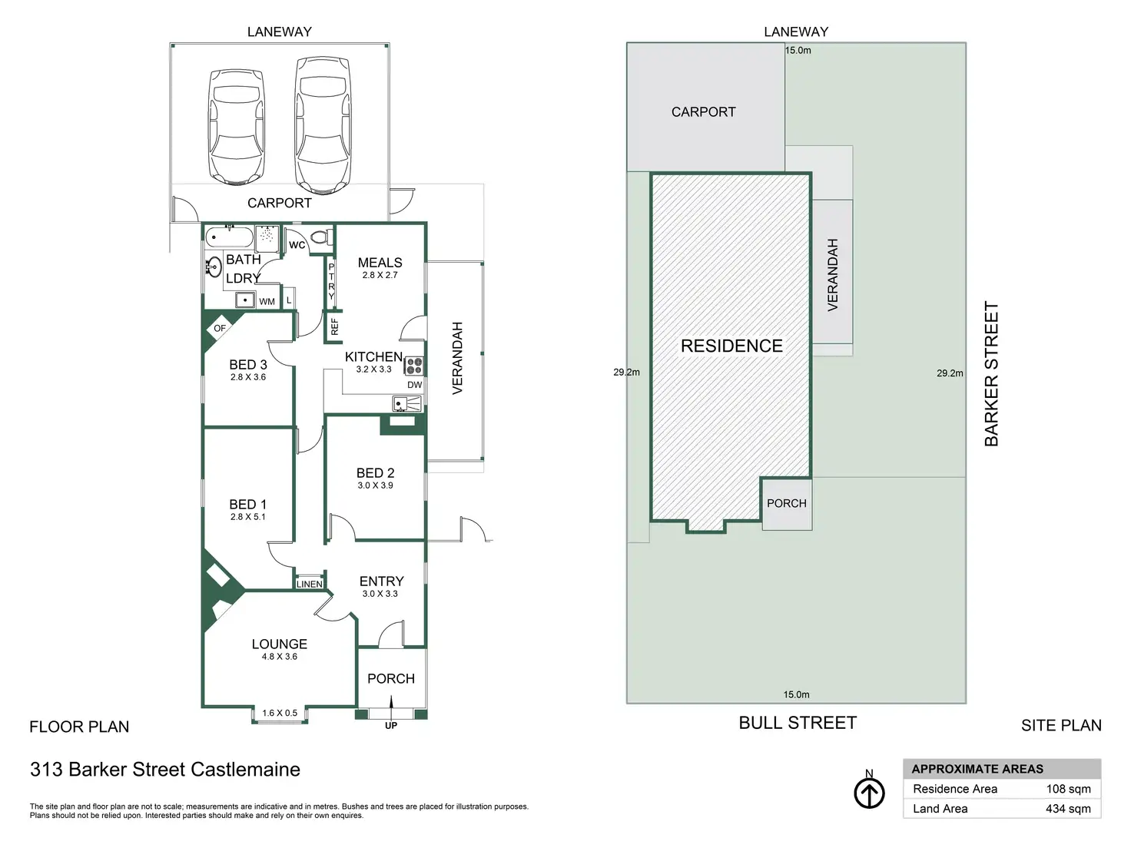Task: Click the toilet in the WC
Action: coord(323,235)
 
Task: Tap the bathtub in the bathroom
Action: coord(229,237)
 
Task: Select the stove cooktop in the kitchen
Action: coord(414,366)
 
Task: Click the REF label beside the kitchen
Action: coord(334,326)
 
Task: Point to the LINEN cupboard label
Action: coord(310,584)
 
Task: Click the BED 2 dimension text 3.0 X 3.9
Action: coord(375,485)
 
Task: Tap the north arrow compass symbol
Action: coord(869,793)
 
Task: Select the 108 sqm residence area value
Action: coord(1068,789)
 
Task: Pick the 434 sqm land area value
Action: coord(1068,809)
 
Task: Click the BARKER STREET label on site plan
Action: coord(991,373)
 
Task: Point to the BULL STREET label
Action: coord(798,723)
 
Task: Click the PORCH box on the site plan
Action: coord(787,503)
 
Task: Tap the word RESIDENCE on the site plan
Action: coord(731,346)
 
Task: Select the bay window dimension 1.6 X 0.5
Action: coord(280,713)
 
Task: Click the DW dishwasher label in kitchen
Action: coord(414,385)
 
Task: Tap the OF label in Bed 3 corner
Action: coord(220,328)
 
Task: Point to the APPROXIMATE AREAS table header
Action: coord(977,769)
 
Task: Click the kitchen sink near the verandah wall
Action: coord(406,403)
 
